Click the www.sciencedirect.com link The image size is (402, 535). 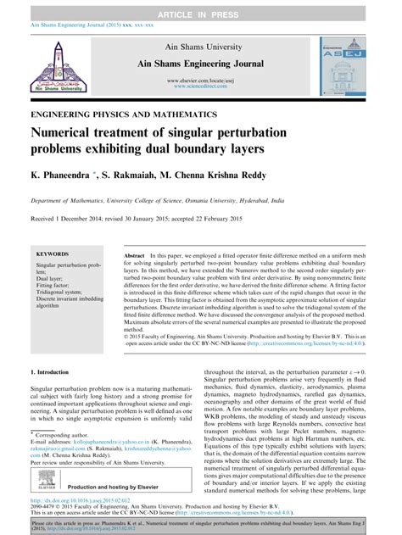click(200, 85)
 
